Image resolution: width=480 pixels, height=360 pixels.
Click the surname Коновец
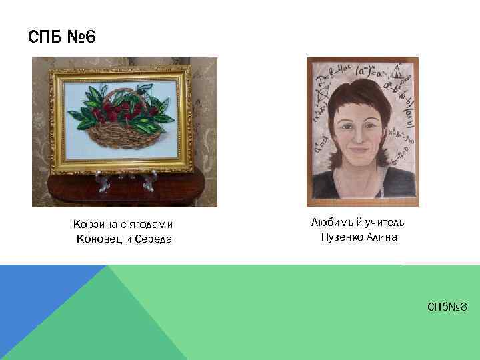tap(101, 239)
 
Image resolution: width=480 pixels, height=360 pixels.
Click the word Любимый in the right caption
tap(336, 222)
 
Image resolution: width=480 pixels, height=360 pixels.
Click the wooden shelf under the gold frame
tap(123, 183)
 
